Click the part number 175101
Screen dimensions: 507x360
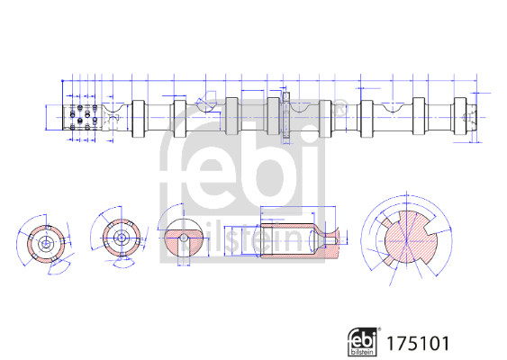coord(418,343)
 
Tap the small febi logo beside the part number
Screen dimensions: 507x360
coord(363,342)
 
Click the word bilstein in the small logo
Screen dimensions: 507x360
coord(363,352)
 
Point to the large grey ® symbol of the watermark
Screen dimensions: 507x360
coord(339,109)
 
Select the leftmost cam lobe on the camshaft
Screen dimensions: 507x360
coord(138,119)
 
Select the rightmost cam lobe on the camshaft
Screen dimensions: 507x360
coord(459,116)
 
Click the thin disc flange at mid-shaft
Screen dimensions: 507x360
coord(286,118)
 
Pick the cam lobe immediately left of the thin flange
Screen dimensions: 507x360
coord(273,116)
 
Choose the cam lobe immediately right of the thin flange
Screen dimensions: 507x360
coord(325,119)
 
